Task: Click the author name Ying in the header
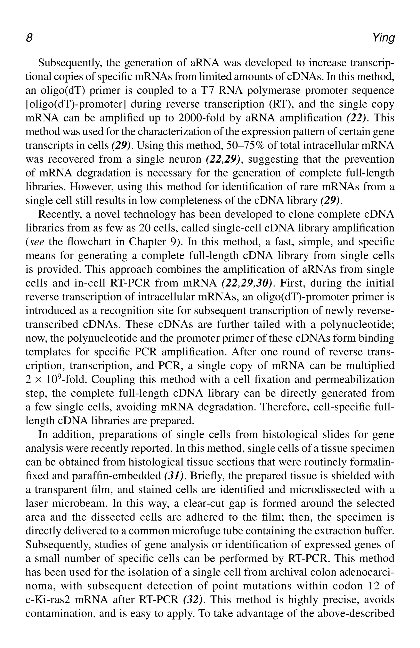tap(383, 39)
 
